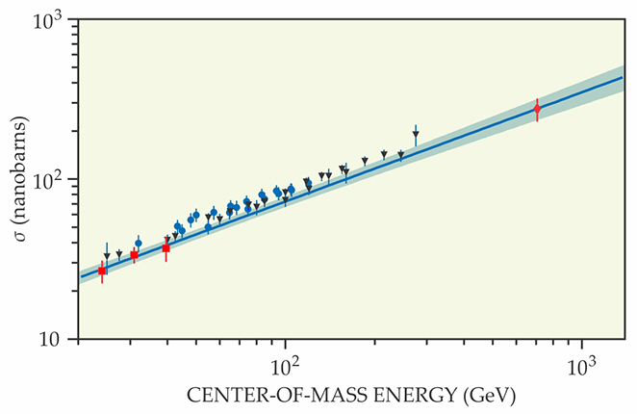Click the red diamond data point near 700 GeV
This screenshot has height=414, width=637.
click(x=537, y=109)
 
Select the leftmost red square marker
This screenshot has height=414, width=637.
click(x=102, y=272)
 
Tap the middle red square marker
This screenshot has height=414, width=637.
click(x=134, y=255)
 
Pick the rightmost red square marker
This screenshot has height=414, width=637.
click(x=166, y=247)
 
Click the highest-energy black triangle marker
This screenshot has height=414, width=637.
click(x=416, y=135)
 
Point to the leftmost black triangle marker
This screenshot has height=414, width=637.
click(x=107, y=256)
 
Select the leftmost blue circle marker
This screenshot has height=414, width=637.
click(x=138, y=244)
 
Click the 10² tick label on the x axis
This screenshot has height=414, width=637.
click(x=286, y=366)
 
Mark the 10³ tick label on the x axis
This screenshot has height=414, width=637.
click(x=581, y=366)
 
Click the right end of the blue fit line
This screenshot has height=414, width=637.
click(x=624, y=77)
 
